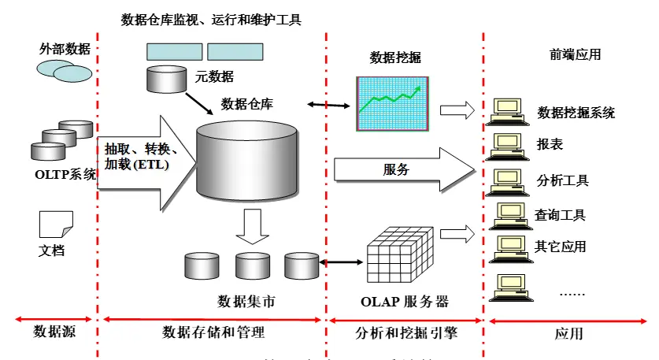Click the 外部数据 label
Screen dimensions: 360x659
(x=65, y=49)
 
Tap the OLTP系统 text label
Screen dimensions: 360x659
(x=65, y=174)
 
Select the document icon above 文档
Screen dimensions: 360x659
(x=56, y=225)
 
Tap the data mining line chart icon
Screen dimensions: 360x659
(x=392, y=103)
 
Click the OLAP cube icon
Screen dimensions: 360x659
(x=401, y=258)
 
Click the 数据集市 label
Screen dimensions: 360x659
(x=246, y=301)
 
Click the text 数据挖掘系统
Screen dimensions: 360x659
(x=576, y=113)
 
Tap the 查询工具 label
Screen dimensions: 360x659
(x=560, y=214)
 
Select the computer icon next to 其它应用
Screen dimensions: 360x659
(x=508, y=247)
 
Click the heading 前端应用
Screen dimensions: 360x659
(x=575, y=54)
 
